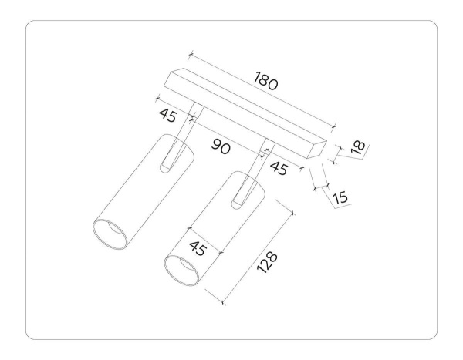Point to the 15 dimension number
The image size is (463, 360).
click(x=340, y=197)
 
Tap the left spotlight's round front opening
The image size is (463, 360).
click(x=110, y=234)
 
